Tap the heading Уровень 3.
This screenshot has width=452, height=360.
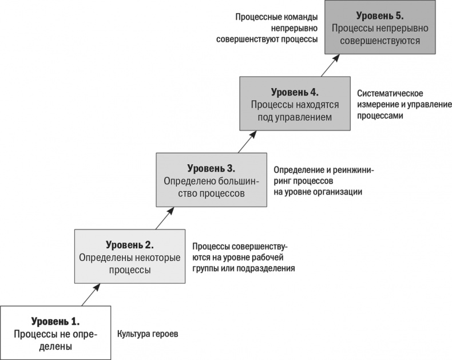tap(211, 168)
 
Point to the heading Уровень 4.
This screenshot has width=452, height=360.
tap(295, 92)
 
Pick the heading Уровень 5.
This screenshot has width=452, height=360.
tap(379, 15)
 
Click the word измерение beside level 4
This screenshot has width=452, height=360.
tap(376, 104)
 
